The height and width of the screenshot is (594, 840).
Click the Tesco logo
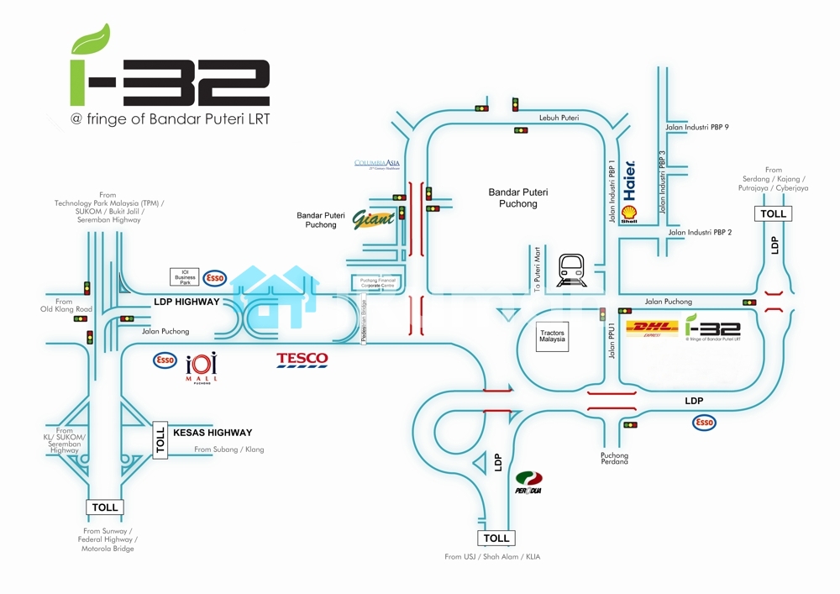click(x=302, y=360)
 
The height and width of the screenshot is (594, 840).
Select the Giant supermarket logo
click(x=373, y=219)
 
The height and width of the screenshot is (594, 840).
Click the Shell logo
click(x=629, y=214)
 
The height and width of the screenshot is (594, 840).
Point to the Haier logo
click(x=630, y=181)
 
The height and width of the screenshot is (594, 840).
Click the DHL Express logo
click(x=653, y=329)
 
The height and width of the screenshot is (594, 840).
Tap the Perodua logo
click(x=529, y=483)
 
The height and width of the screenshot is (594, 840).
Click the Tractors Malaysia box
click(x=552, y=338)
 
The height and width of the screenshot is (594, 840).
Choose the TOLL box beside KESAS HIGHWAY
click(x=160, y=440)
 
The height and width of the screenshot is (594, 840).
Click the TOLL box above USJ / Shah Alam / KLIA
click(x=496, y=538)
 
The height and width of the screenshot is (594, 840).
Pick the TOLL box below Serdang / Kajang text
click(x=773, y=213)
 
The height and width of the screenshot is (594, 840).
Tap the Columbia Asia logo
click(x=377, y=164)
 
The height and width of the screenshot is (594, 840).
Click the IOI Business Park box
click(x=185, y=277)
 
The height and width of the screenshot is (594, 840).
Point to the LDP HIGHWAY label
click(x=186, y=302)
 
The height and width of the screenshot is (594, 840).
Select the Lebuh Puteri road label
click(x=559, y=118)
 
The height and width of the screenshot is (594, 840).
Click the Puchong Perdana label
click(x=614, y=459)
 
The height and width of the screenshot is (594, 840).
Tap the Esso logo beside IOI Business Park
click(x=215, y=277)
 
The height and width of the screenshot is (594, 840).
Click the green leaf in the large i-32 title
click(x=91, y=39)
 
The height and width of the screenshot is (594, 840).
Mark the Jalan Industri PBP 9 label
click(x=697, y=127)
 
